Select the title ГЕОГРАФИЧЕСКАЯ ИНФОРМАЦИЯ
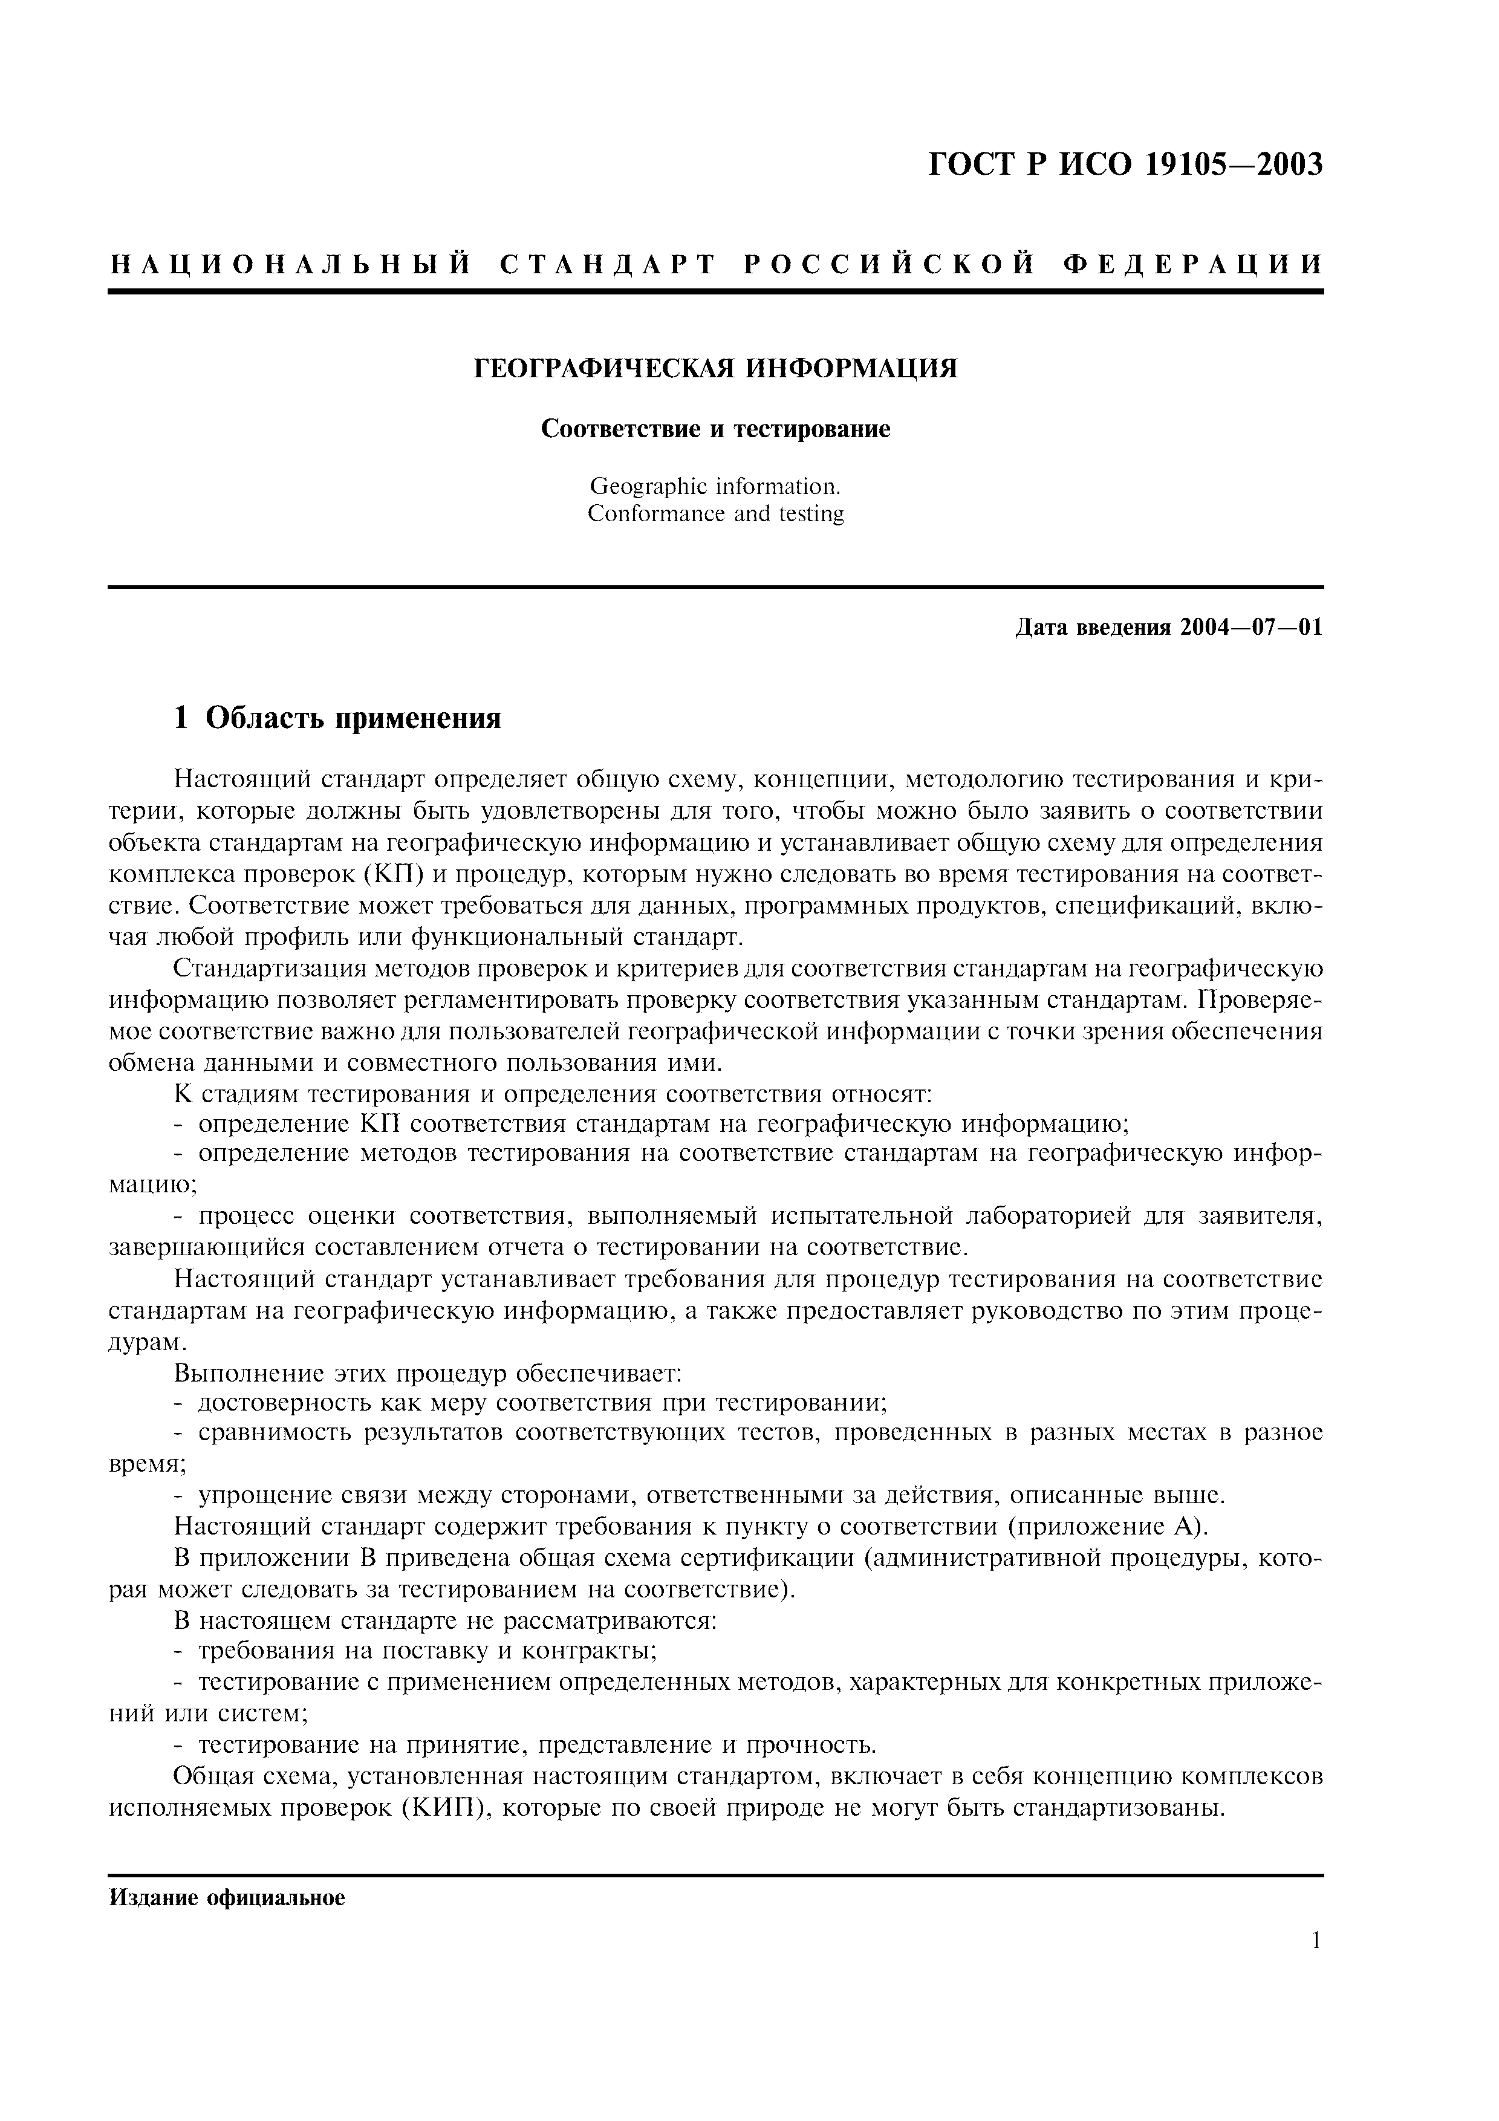[x=716, y=369]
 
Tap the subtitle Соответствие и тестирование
[x=716, y=429]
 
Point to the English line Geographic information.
[x=716, y=486]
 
